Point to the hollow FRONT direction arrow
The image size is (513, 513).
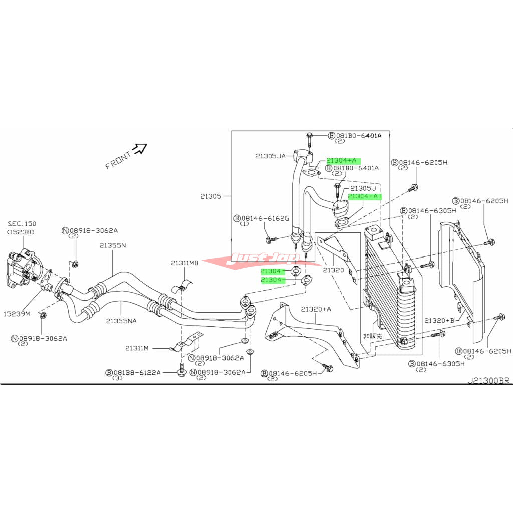tap(139, 148)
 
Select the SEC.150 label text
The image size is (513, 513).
tap(22, 224)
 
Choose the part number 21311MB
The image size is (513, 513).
tap(184, 263)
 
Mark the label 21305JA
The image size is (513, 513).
tap(270, 156)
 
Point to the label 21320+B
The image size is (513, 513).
tap(439, 320)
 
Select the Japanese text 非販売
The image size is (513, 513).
tap(373, 336)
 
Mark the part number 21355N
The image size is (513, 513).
tap(112, 245)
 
